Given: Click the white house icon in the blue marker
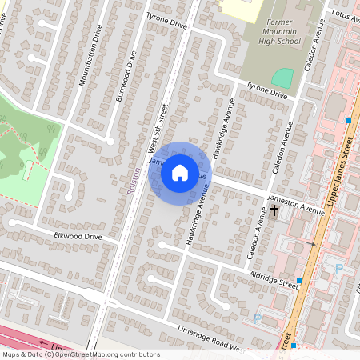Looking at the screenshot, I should point(180,172).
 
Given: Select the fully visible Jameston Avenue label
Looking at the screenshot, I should point(296,206).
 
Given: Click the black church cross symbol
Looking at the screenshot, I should point(275,210).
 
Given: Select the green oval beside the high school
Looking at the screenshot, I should point(282,78).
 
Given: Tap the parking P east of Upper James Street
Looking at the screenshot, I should point(338,270).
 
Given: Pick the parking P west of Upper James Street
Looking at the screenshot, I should point(258,318).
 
